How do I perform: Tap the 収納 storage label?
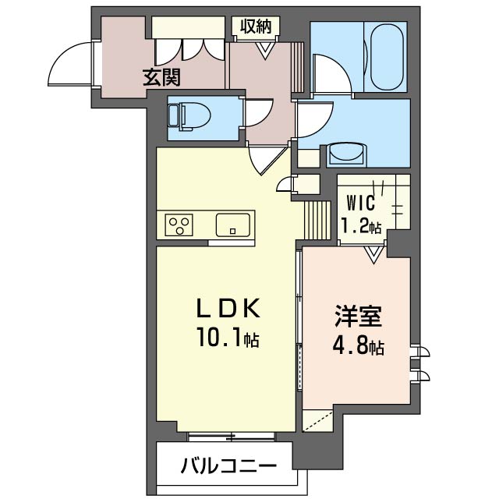pyautogui.click(x=254, y=27)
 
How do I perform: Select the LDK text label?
pyautogui.click(x=227, y=309)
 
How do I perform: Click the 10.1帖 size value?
pyautogui.click(x=228, y=339)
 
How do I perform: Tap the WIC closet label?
pyautogui.click(x=361, y=204)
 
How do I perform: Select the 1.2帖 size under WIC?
pyautogui.click(x=361, y=228)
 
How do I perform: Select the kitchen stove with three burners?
pyautogui.click(x=180, y=225)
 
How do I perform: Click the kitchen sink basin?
pyautogui.click(x=233, y=225)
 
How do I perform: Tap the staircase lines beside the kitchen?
pyautogui.click(x=317, y=220)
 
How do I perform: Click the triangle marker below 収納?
pyautogui.click(x=265, y=48)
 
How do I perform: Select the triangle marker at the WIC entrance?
pyautogui.click(x=374, y=253)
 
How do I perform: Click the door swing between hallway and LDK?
pyautogui.click(x=262, y=162)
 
